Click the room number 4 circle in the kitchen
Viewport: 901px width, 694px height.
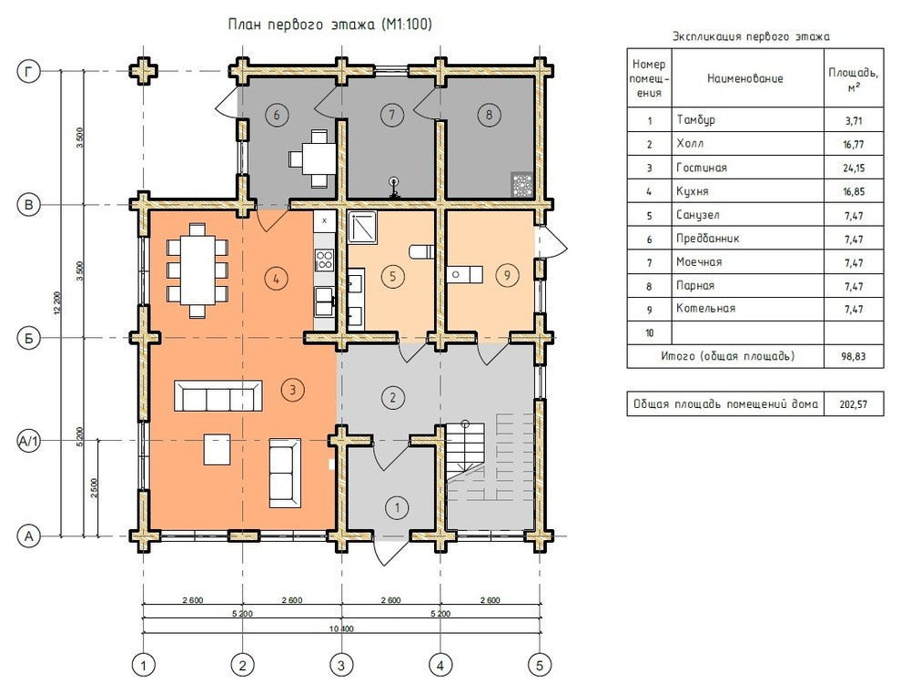277,279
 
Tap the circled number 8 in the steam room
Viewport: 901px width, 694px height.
489,115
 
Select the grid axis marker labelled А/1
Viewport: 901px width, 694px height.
29,441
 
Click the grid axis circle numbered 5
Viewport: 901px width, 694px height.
539,665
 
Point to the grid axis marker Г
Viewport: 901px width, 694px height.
29,72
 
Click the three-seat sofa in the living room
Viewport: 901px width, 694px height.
218,395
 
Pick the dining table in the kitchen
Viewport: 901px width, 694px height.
197,270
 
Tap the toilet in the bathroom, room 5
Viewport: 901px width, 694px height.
421,251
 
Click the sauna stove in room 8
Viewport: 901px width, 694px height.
521,185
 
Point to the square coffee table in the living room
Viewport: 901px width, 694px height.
218,450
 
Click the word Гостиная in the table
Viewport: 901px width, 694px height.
702,168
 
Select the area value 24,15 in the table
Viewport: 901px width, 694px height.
854,168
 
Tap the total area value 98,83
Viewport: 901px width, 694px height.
854,356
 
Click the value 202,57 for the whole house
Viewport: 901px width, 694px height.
854,404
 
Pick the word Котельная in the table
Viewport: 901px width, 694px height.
705,308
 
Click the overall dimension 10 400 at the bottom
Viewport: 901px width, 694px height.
341,629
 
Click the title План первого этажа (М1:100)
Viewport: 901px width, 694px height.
330,25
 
